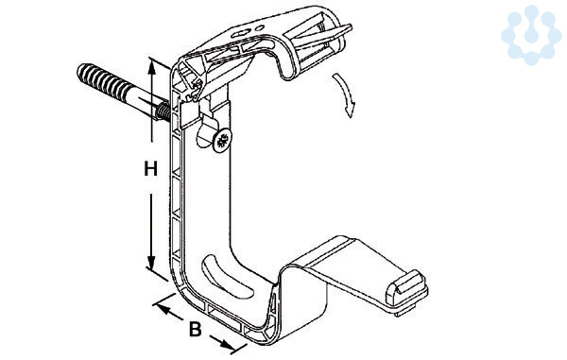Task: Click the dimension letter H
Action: coord(150,169)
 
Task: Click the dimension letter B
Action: coord(196,329)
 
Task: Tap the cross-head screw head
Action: coord(222,140)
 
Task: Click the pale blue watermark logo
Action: coord(531,35)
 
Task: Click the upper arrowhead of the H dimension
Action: coord(152,67)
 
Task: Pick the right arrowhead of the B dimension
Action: coord(227,345)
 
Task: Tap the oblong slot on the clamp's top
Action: coord(240,34)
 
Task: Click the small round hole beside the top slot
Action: coord(260,27)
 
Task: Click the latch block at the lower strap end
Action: coord(406,291)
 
